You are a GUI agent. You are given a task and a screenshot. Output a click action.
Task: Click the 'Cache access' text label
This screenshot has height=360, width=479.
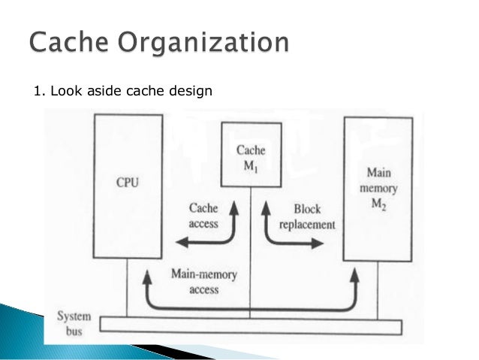tap(202, 216)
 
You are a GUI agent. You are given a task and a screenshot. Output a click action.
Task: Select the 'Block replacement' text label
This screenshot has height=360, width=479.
tap(307, 216)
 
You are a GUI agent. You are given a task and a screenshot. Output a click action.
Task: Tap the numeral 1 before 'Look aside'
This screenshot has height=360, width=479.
tap(38, 91)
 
